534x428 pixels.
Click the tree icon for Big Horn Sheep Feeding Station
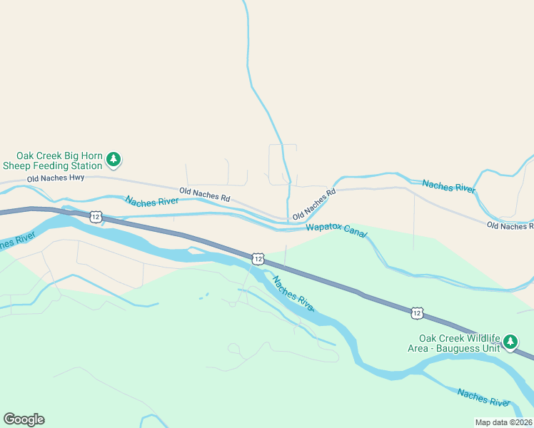coord(114,159)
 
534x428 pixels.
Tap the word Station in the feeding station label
coord(83,165)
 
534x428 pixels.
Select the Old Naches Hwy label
coord(56,178)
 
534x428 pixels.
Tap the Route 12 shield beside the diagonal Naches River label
coord(258,258)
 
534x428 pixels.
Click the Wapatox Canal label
coord(336,230)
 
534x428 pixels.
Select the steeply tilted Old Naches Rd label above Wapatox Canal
coord(313,205)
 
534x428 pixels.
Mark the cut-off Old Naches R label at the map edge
coord(510,225)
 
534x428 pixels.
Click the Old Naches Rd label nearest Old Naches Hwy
coord(205,193)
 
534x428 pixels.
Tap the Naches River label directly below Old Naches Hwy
coord(152,201)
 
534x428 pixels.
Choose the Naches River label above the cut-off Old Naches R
coord(448,185)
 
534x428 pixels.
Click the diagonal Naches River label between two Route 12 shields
coord(293,293)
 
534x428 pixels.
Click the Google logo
coord(24,419)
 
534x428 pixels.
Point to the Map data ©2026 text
coord(503,422)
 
